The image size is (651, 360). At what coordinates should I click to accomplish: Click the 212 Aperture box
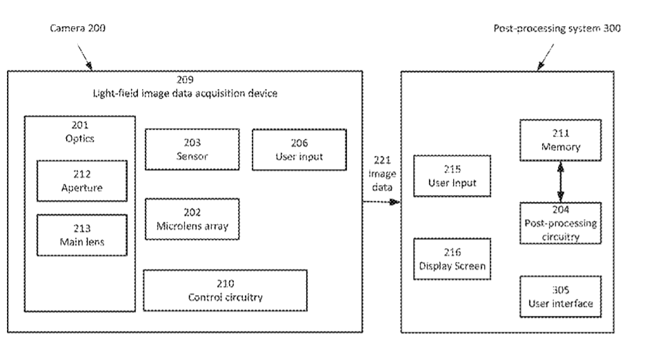coord(81,180)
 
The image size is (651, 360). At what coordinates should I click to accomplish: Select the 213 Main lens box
coord(81,235)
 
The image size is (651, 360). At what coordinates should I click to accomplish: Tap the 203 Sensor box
coord(192,149)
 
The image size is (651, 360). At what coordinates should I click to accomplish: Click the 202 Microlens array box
coord(192,219)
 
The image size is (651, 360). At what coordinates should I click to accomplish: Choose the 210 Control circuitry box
coord(225,290)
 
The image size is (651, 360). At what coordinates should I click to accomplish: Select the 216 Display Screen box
coord(452,259)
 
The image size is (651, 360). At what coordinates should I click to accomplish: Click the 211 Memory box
coord(560,141)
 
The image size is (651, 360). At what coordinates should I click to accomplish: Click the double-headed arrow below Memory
coord(560,182)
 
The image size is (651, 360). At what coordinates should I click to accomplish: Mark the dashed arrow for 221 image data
coord(383,201)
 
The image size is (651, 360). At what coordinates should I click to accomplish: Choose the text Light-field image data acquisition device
coord(186,94)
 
